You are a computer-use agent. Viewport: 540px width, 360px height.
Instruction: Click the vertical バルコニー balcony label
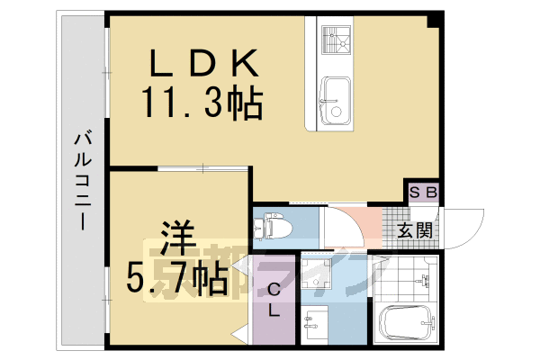(x=82, y=181)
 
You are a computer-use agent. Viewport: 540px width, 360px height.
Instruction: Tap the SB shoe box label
(x=423, y=193)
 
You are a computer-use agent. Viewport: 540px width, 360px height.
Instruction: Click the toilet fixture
(x=271, y=227)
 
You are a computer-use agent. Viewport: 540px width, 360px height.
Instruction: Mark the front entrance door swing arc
(x=464, y=229)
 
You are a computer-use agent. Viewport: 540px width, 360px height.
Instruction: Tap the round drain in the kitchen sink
(x=336, y=112)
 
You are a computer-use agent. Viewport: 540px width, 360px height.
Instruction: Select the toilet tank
(x=258, y=228)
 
